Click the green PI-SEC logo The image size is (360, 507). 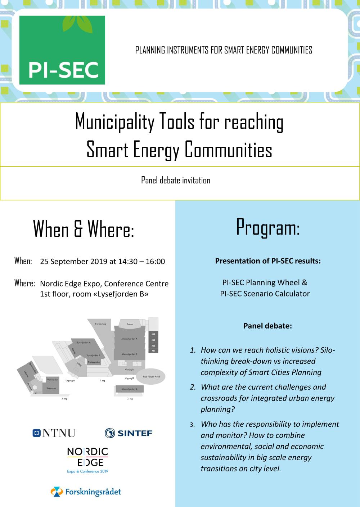point(62,50)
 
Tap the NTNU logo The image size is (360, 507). point(54,433)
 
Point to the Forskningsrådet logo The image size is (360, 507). point(86,492)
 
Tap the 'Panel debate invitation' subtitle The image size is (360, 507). point(175,180)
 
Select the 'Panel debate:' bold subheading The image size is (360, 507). point(267,326)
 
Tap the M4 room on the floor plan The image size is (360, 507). point(153,334)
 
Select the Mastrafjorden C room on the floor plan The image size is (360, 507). point(129,389)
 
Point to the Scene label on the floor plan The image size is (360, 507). point(130,324)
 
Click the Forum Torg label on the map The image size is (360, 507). point(101,324)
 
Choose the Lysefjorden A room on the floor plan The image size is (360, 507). point(84,343)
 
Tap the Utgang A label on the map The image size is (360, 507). point(70,380)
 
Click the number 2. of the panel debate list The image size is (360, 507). point(193,387)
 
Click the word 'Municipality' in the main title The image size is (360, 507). point(114,122)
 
